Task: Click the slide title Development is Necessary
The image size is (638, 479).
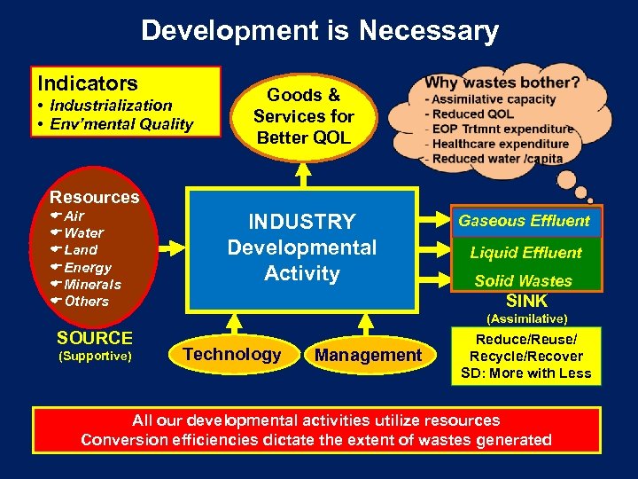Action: coord(319,32)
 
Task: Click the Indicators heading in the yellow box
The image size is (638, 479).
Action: coord(88,83)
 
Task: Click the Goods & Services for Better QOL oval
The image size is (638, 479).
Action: coord(303,116)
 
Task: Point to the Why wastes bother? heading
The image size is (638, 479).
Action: coord(502,82)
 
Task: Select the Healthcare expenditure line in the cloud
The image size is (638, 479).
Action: coord(501,144)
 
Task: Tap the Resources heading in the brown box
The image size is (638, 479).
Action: coord(95,197)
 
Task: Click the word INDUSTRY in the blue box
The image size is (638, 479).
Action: coord(302,222)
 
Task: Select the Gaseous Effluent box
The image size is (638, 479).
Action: coord(524,221)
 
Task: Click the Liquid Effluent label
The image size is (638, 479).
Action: coord(525,253)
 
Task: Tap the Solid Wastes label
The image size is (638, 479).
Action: coord(524,281)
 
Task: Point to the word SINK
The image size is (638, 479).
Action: coord(526,300)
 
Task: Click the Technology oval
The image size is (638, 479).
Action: coord(231,354)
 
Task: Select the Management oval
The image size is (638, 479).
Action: coord(369,355)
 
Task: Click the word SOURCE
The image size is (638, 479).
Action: coord(95,338)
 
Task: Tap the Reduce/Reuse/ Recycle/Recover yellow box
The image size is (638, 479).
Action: coord(525,356)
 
